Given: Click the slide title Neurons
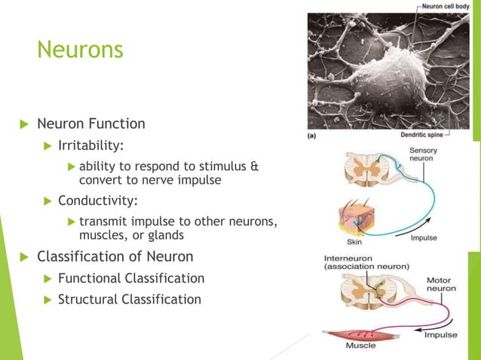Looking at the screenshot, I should (80, 51).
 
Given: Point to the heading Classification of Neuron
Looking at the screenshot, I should (115, 257).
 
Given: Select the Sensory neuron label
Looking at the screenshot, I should (423, 155).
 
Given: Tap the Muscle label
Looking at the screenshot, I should (361, 346).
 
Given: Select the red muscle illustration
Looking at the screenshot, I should (354, 332).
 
